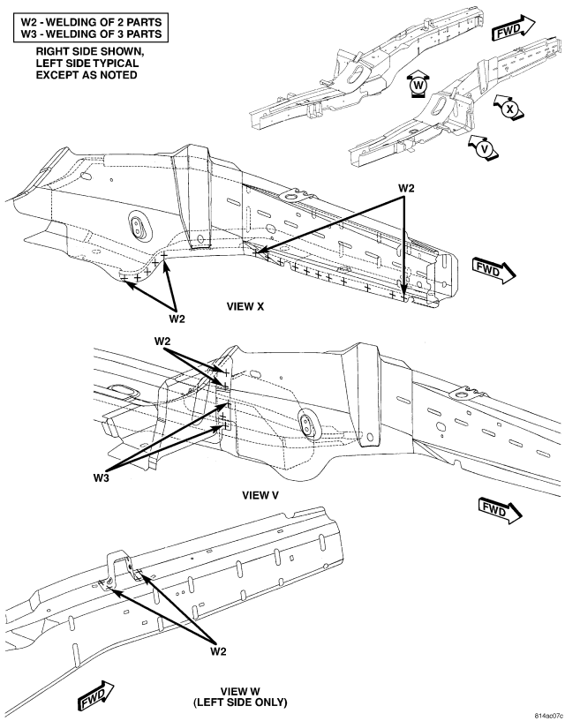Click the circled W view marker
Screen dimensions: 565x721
tap(418, 85)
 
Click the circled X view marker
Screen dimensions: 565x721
tap(509, 109)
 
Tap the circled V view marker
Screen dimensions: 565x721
tap(484, 148)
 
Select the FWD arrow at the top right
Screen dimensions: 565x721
tap(514, 28)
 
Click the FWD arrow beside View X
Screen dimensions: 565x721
tap(494, 270)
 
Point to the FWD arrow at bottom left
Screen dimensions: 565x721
tap(95, 696)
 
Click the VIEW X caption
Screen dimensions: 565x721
tap(245, 307)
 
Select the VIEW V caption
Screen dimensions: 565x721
tap(260, 495)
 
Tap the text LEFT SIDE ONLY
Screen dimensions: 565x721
tap(241, 702)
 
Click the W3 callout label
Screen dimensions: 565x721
tap(102, 477)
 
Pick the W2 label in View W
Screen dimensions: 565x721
tap(218, 651)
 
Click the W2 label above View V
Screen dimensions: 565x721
tap(162, 342)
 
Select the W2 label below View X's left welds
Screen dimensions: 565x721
tap(177, 319)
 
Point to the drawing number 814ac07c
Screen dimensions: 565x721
tap(548, 716)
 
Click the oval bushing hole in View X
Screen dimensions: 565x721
tap(138, 226)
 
